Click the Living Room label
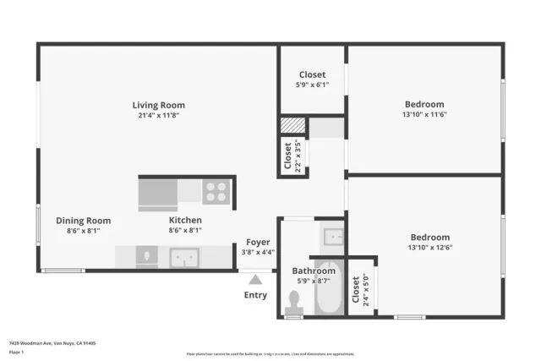(x=158, y=105)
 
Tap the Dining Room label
(x=83, y=221)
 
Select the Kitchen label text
(x=185, y=221)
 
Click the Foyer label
(x=258, y=243)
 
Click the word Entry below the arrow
(x=255, y=295)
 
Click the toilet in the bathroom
(x=294, y=300)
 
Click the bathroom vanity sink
(x=331, y=237)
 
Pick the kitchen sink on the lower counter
(x=183, y=256)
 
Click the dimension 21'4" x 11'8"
(x=158, y=115)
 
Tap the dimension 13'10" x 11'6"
(x=424, y=114)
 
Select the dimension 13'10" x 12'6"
(x=430, y=247)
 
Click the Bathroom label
(x=314, y=271)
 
